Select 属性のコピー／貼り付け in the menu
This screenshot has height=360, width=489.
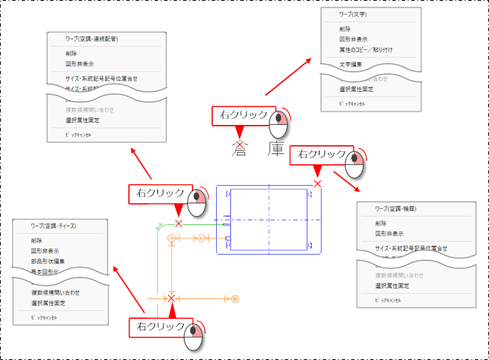[x=366, y=49]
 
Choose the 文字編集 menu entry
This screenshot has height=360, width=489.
[x=351, y=64]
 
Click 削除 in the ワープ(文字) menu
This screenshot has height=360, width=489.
[x=346, y=29]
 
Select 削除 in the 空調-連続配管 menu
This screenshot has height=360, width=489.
[x=72, y=53]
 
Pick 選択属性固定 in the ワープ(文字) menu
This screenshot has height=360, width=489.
[x=357, y=89]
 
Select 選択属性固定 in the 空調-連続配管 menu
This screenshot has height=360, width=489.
[x=82, y=120]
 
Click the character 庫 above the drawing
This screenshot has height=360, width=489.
[x=276, y=149]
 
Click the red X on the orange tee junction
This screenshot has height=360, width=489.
[x=172, y=298]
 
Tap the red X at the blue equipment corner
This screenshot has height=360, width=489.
[x=317, y=184]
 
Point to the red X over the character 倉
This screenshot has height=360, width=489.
[x=240, y=145]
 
